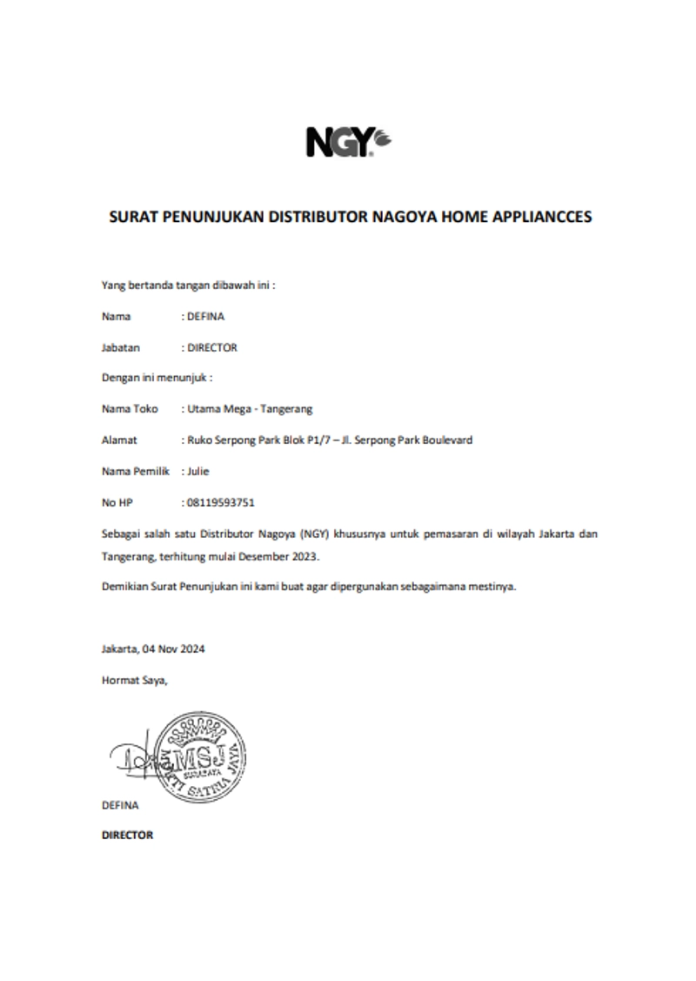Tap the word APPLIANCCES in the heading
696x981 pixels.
tap(543, 217)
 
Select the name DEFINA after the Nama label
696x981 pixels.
tap(205, 316)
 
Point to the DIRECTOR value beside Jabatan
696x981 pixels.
tap(212, 347)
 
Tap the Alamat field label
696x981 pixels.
tap(119, 440)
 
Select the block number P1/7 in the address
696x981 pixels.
tap(332, 440)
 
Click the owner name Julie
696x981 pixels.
tap(198, 471)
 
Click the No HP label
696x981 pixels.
tap(117, 502)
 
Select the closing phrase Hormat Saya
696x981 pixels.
tap(134, 680)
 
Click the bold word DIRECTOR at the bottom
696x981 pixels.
tap(127, 835)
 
